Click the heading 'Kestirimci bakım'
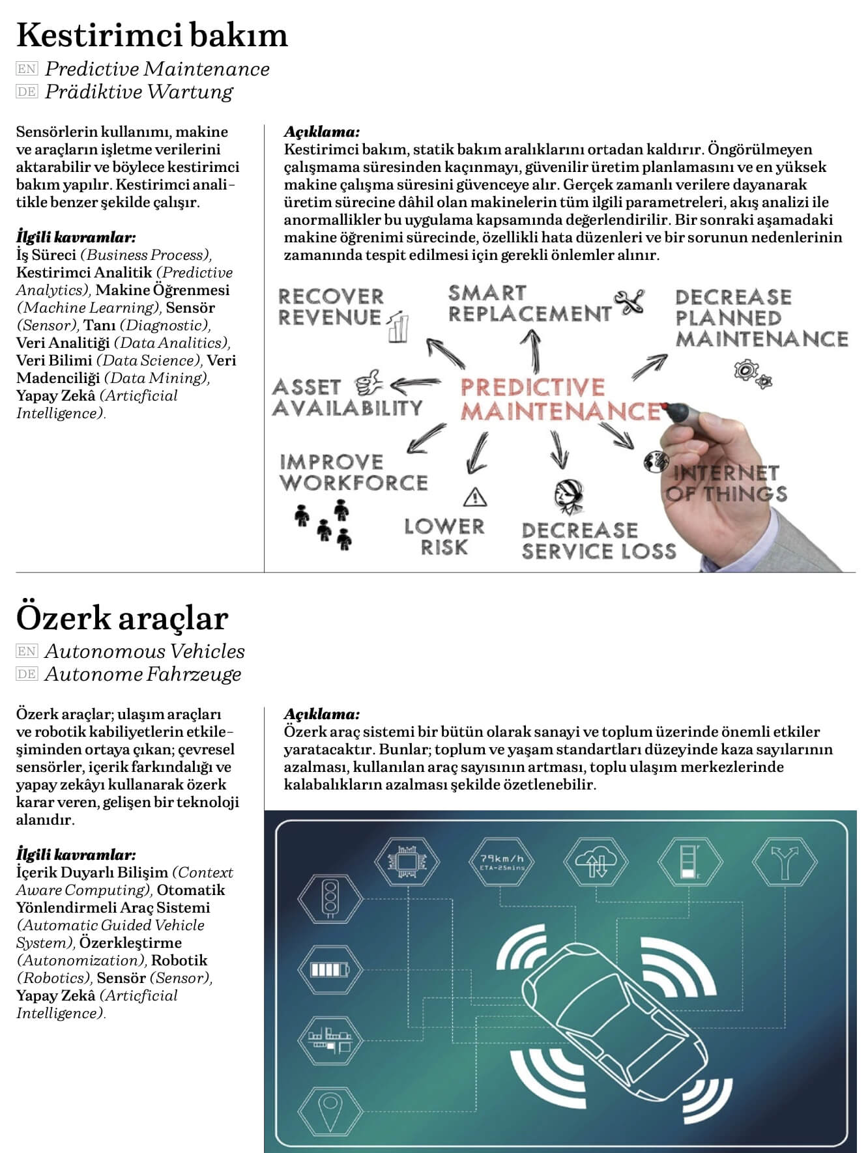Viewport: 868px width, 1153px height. pyautogui.click(x=151, y=35)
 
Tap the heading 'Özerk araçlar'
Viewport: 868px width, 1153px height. pyautogui.click(x=122, y=618)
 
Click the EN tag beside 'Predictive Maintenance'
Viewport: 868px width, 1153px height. pyautogui.click(x=27, y=68)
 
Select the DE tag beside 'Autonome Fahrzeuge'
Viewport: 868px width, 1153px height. pyautogui.click(x=27, y=674)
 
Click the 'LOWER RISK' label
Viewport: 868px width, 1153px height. pyautogui.click(x=444, y=537)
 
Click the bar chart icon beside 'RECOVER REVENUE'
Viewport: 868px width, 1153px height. pyautogui.click(x=398, y=327)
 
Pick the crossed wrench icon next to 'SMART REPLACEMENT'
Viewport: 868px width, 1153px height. pyautogui.click(x=629, y=302)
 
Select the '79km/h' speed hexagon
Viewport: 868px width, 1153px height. pyautogui.click(x=501, y=861)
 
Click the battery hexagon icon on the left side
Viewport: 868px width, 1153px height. pyautogui.click(x=330, y=969)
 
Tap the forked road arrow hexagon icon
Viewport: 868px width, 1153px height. pyautogui.click(x=785, y=861)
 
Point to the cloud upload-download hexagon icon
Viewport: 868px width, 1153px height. pyautogui.click(x=596, y=861)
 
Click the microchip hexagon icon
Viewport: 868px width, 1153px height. pyautogui.click(x=407, y=861)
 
